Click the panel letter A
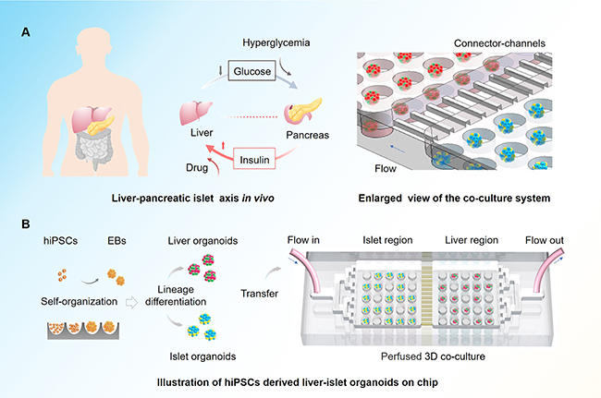pyautogui.click(x=29, y=33)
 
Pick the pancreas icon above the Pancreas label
pyautogui.click(x=306, y=110)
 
